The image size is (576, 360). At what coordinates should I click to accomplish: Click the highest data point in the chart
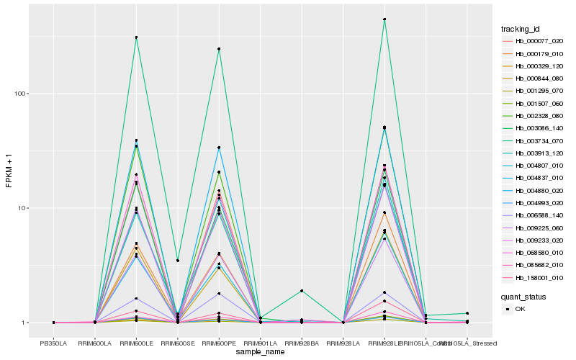click(384, 19)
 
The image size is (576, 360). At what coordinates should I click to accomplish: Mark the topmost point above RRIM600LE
click(136, 37)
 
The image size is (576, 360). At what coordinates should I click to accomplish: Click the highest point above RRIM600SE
click(178, 260)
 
